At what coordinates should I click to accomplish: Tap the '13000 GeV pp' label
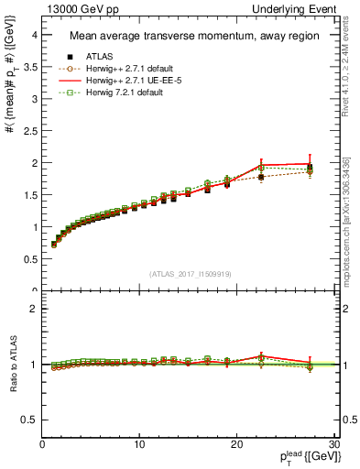pyautogui.click(x=81, y=8)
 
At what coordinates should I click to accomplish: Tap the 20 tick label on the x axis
pyautogui.click(x=236, y=443)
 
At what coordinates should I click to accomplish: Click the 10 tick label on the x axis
pyautogui.click(x=139, y=443)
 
